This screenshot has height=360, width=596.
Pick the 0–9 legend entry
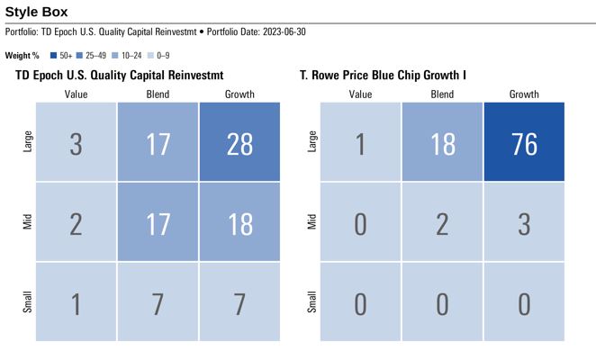click(x=155, y=56)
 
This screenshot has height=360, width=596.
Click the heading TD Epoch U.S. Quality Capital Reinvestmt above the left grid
click(x=119, y=75)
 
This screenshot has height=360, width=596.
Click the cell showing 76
click(x=523, y=142)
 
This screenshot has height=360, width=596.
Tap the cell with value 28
click(x=239, y=142)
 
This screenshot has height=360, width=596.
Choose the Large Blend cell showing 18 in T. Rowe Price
click(x=442, y=142)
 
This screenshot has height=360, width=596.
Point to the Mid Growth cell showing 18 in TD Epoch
click(x=239, y=222)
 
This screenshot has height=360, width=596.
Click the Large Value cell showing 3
click(x=76, y=142)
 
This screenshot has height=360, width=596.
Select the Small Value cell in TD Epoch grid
click(x=76, y=302)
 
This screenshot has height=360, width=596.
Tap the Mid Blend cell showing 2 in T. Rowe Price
click(x=442, y=222)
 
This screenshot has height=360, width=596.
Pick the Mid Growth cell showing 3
click(x=523, y=222)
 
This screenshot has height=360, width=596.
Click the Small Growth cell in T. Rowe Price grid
click(x=523, y=302)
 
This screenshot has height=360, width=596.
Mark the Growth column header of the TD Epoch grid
click(x=239, y=94)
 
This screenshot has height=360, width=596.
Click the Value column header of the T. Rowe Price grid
click(x=360, y=94)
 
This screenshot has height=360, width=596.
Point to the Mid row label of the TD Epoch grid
click(x=27, y=222)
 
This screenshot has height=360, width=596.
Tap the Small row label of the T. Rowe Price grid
click(x=312, y=302)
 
